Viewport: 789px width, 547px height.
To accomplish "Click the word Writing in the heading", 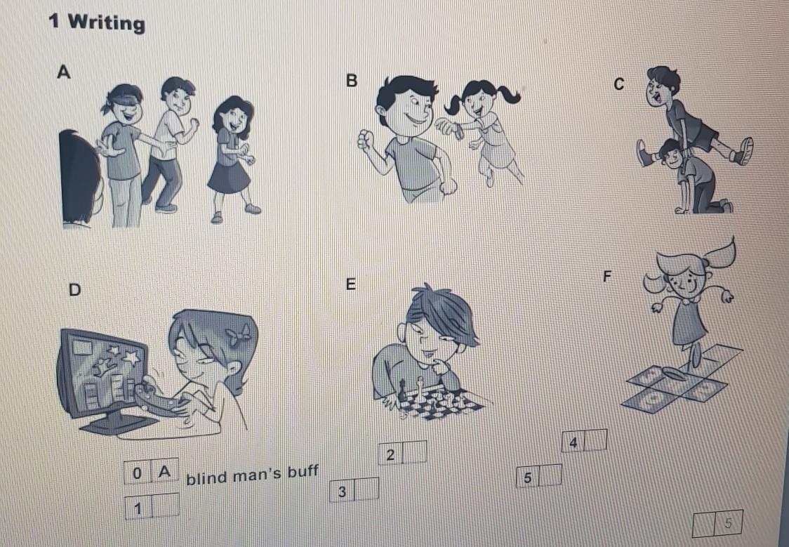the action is tap(106, 22).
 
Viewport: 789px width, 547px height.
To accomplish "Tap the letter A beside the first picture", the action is tap(64, 72).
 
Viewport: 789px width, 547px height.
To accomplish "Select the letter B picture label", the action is tap(352, 80).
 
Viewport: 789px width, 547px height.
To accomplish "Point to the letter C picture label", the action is tap(619, 84).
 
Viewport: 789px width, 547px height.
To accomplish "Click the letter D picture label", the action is tap(74, 289).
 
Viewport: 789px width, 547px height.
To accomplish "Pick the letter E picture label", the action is tap(351, 284).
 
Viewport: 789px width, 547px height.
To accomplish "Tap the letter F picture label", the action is tap(607, 276).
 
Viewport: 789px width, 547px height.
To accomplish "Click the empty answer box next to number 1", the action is tap(166, 506).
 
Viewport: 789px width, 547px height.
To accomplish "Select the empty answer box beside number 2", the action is tap(415, 452).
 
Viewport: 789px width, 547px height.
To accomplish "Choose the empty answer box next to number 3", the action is tap(367, 489).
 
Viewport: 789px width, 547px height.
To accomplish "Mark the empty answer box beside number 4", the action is tap(595, 440).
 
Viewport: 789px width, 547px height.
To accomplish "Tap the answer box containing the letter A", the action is tap(164, 472).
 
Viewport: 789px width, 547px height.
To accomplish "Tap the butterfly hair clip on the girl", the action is tap(237, 334).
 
